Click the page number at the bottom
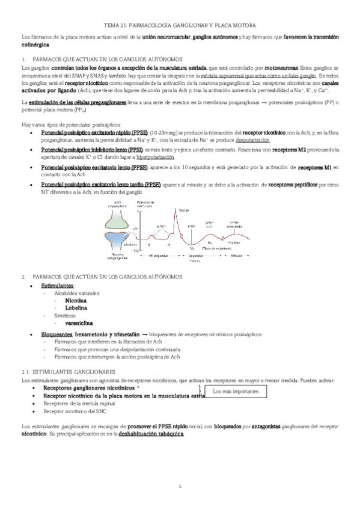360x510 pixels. click(x=180, y=486)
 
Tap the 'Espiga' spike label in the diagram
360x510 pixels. click(x=184, y=210)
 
